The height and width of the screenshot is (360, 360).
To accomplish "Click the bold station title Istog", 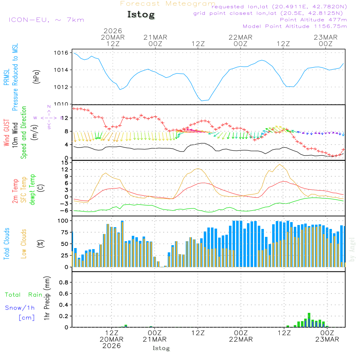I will [x=141, y=15].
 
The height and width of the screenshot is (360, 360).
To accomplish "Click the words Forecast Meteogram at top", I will [x=168, y=4].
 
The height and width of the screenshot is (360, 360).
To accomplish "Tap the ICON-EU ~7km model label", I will [x=46, y=19].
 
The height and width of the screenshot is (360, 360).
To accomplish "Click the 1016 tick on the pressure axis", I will [x=61, y=53].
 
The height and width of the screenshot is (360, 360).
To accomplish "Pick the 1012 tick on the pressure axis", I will [x=61, y=87].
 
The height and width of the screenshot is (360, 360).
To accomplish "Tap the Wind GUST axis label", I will [x=6, y=133].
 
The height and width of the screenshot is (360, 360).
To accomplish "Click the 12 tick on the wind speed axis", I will [x=64, y=118].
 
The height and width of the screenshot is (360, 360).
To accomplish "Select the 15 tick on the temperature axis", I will [x=64, y=163].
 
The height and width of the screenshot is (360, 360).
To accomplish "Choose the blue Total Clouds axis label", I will [x=6, y=244].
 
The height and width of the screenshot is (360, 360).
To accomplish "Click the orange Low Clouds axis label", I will [x=24, y=244].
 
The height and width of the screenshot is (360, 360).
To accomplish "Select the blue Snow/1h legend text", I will [x=20, y=308].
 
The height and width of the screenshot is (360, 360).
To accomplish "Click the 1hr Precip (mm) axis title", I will [x=47, y=299].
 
